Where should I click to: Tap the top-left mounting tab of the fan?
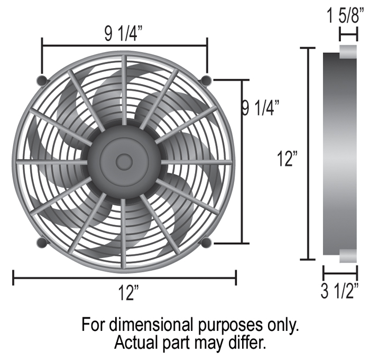tap(42, 80)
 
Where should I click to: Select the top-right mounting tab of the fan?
tap(206, 80)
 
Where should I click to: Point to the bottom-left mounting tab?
tap(42, 243)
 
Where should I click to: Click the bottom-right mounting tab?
tap(206, 243)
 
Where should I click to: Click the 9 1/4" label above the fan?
tap(124, 34)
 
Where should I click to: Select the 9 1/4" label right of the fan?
tap(261, 108)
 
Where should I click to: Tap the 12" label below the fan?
tap(128, 293)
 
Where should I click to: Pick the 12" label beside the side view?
tap(287, 159)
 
